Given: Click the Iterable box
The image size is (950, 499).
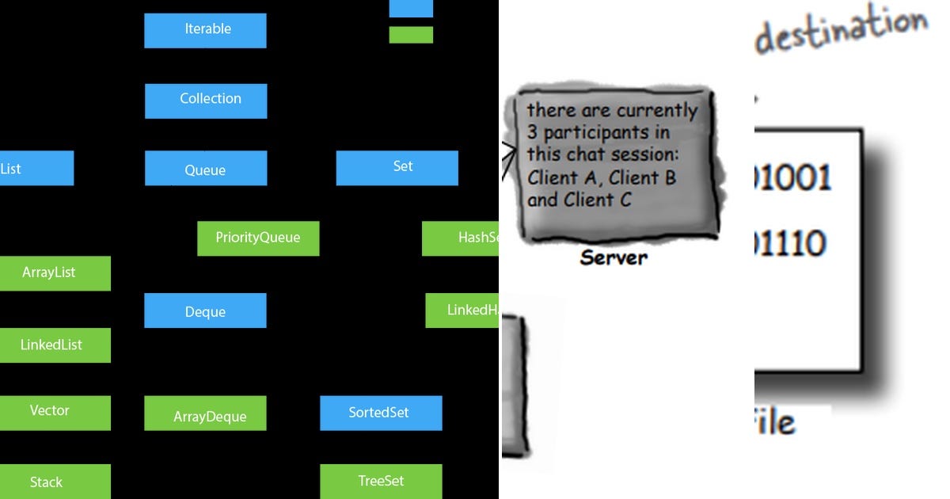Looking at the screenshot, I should (x=205, y=30).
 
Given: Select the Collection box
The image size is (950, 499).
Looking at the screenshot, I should (x=206, y=101).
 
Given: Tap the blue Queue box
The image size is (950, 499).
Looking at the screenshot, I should (x=206, y=169).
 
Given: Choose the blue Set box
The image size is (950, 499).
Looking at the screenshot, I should (x=397, y=168).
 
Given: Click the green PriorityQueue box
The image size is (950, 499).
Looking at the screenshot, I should (x=258, y=238).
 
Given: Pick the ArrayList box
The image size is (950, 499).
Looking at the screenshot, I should (x=52, y=273).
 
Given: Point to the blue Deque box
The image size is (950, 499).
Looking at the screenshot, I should (x=205, y=310).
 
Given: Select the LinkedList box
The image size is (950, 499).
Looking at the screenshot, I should (x=52, y=345).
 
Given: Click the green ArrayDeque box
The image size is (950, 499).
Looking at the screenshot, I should (x=205, y=414).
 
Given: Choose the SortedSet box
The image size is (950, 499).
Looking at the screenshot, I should (x=381, y=413).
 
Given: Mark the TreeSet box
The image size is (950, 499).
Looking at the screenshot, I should (x=381, y=482).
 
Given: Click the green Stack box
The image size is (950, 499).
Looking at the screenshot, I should (x=51, y=482).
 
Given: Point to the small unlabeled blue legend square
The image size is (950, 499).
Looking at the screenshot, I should (x=411, y=8).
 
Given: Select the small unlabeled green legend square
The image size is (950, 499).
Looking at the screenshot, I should (x=411, y=35).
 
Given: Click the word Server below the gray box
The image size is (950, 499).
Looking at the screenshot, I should (x=614, y=257).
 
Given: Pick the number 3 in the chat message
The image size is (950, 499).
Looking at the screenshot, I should (x=534, y=133).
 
